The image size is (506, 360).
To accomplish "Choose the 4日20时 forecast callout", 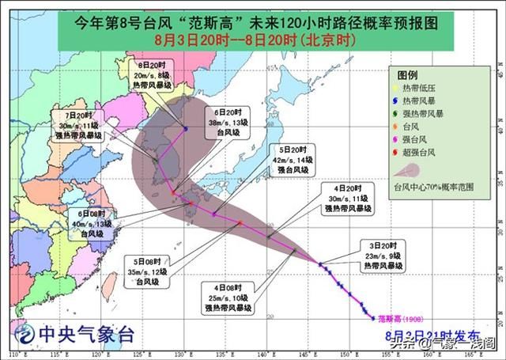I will click(347, 199).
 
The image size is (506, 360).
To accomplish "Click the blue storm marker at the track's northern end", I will click(185, 128).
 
